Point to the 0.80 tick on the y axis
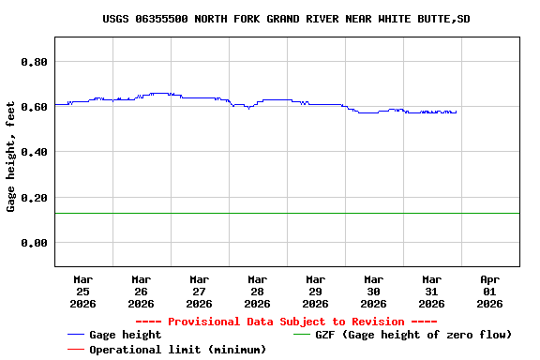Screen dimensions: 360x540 pos(34,62)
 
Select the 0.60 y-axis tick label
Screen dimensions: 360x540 pos(34,107)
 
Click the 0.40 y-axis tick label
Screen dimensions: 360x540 pos(34,152)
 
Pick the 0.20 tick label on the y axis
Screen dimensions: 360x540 pos(34,198)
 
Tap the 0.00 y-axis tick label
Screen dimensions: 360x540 pos(34,243)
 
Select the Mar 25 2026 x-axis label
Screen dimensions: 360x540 pos(82,291)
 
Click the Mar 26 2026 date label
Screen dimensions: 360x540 pos(141,291)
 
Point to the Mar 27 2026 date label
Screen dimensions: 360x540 pos(199,291)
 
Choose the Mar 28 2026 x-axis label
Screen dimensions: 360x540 pos(257,291)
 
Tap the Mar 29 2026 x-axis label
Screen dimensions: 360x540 pos(315,291)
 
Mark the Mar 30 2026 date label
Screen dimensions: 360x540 pos(373,291)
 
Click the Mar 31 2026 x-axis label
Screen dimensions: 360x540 pos(431,291)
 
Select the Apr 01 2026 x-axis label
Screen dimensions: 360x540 pos(489,291)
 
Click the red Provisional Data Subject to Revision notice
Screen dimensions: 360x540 pos(286,322)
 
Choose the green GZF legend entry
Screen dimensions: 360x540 pos(412,335)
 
